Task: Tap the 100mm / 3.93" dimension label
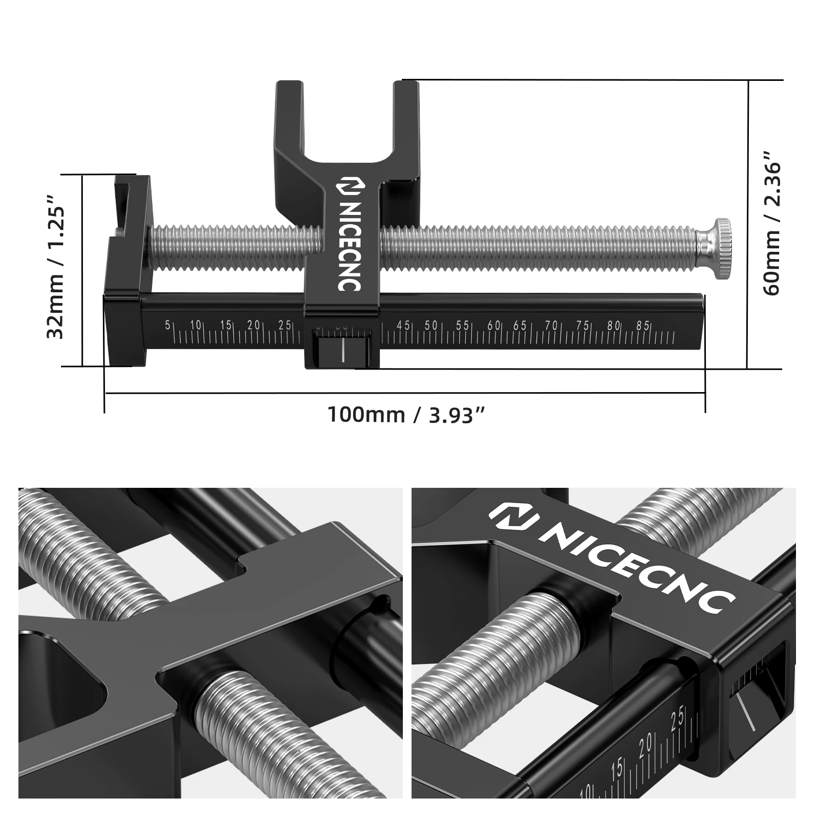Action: (x=405, y=414)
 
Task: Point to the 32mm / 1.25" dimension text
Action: (x=56, y=266)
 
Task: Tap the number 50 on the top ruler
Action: (x=431, y=325)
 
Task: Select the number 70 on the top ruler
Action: (x=551, y=325)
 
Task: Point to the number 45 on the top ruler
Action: (x=403, y=325)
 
